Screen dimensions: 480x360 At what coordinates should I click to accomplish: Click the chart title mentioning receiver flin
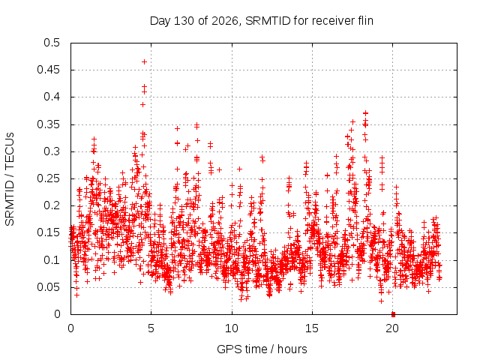[262, 21]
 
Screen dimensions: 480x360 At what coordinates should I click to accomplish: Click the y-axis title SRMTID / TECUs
[10, 179]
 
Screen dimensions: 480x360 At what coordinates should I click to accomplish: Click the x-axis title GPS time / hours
[262, 349]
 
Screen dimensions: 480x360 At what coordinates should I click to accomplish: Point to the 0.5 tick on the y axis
[52, 43]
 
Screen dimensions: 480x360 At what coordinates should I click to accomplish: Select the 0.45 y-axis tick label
[49, 70]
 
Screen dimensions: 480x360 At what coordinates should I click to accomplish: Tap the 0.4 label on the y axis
[52, 97]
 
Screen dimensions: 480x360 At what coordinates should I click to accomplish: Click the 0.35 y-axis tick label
[49, 124]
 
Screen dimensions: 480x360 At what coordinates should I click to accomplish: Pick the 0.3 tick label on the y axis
[52, 151]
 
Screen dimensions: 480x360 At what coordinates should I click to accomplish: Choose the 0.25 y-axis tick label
[49, 178]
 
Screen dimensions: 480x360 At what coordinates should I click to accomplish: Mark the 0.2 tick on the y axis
[52, 205]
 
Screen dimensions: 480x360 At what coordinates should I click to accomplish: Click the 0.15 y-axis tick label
[49, 232]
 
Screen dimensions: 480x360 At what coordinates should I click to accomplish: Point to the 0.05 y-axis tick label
[49, 287]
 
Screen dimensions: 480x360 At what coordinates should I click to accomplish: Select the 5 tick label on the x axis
[151, 328]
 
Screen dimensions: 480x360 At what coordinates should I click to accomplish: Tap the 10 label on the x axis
[232, 328]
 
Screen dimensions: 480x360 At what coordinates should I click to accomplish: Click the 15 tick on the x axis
[312, 328]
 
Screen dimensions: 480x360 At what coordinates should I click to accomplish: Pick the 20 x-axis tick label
[392, 328]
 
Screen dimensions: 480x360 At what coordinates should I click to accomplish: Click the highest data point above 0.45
[144, 61]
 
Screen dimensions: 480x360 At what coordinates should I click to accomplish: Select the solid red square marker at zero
[393, 314]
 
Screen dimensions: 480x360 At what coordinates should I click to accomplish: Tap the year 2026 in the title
[225, 21]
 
